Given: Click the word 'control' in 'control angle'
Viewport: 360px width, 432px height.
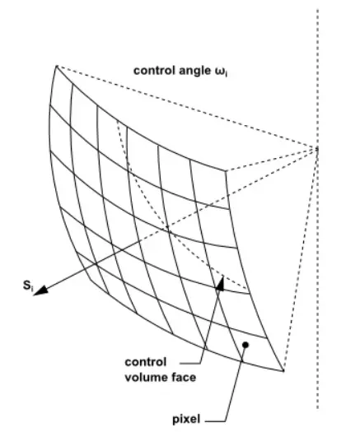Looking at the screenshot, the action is click(x=155, y=71).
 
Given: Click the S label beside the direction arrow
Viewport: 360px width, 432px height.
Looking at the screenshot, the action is click(x=26, y=286).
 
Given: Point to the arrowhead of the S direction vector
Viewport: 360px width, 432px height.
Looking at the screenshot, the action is click(x=40, y=291).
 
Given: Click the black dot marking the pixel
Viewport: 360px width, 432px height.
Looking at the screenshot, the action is click(x=245, y=345).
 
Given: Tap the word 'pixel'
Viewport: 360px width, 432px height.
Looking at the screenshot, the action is click(x=186, y=420).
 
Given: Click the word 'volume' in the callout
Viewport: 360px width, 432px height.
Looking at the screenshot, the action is click(x=144, y=378).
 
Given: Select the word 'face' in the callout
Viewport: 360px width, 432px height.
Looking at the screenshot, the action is click(x=182, y=378).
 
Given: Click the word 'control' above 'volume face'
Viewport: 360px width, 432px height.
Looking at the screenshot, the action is click(x=145, y=362).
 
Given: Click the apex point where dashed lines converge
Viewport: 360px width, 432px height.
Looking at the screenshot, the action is click(x=317, y=149).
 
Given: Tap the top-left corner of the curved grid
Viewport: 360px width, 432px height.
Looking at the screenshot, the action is click(x=57, y=66).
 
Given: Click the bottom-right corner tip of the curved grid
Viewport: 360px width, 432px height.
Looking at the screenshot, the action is click(x=283, y=370).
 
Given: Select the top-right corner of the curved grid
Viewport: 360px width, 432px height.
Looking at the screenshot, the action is click(x=226, y=171).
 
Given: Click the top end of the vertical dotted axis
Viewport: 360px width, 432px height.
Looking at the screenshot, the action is click(x=318, y=10).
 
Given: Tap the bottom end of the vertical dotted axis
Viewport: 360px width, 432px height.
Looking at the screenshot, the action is click(x=318, y=408).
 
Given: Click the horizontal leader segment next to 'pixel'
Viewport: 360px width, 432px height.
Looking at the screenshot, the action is click(x=215, y=421).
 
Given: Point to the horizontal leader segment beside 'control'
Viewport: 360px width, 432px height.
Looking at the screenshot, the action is click(x=189, y=364).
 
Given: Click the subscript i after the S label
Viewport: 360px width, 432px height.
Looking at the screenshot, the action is click(x=32, y=289).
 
